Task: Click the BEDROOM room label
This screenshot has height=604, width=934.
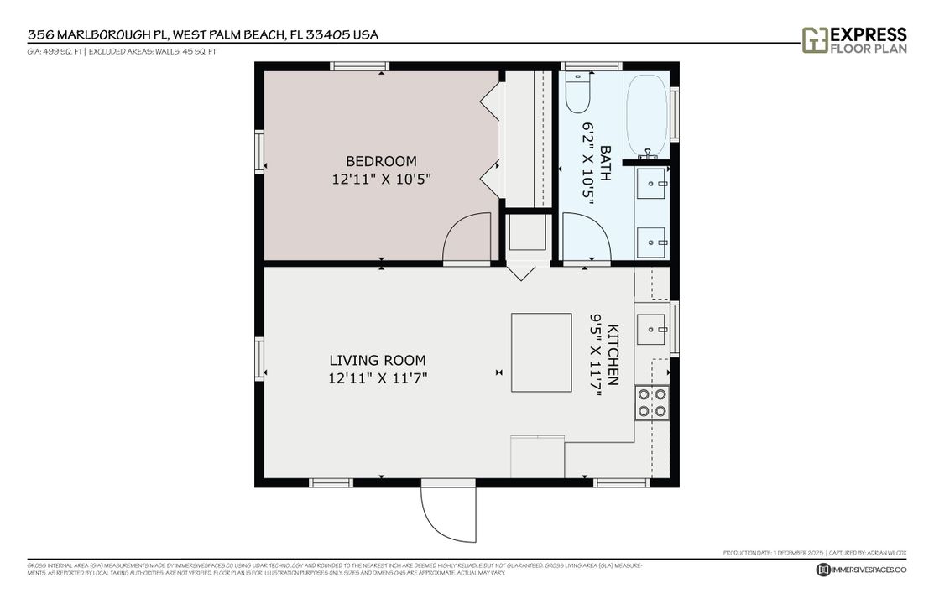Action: pyautogui.click(x=381, y=161)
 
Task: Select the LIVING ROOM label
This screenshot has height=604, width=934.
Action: pyautogui.click(x=378, y=361)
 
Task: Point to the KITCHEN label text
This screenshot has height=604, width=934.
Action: pyautogui.click(x=613, y=355)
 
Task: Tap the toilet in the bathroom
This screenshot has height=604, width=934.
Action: pyautogui.click(x=577, y=92)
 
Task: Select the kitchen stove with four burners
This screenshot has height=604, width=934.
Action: pyautogui.click(x=652, y=402)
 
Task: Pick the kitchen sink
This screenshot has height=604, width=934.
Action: pyautogui.click(x=651, y=328)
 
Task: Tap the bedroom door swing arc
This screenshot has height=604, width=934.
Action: pyautogui.click(x=464, y=238)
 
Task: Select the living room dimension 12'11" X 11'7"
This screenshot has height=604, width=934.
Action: pyautogui.click(x=378, y=378)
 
